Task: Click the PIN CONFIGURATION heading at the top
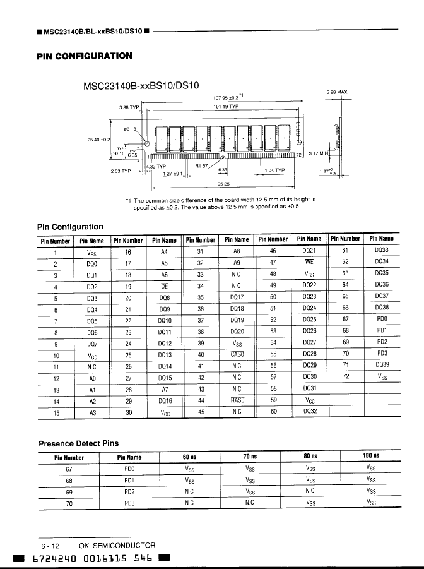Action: (85, 56)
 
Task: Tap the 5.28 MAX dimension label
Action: (336, 93)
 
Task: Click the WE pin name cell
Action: (309, 263)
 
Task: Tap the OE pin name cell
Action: (164, 285)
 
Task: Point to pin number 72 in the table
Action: (345, 376)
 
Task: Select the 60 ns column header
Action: (190, 456)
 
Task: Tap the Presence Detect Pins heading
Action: (79, 444)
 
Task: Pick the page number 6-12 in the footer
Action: (50, 545)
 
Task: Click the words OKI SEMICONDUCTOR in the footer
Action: (117, 545)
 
